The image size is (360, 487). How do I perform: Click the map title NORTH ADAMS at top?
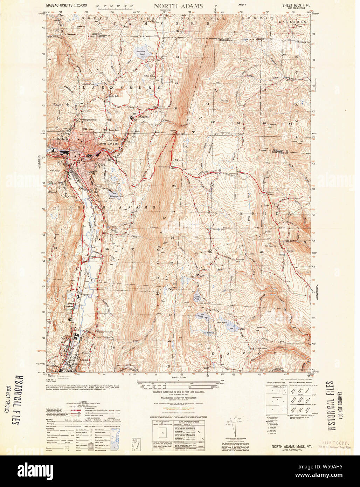point(178,6)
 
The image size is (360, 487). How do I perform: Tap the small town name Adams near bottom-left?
point(84,360)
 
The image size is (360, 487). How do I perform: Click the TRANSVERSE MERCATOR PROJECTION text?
point(179,398)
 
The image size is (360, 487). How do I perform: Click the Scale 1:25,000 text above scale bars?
point(179,377)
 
